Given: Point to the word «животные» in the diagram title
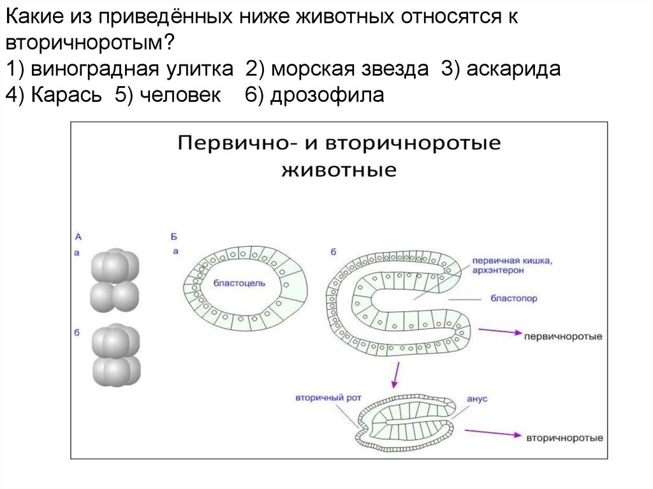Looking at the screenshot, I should tap(339, 170).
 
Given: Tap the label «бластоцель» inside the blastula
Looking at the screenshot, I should tap(239, 282).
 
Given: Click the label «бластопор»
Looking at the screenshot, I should tap(514, 298).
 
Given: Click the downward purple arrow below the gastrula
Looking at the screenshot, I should tap(397, 374).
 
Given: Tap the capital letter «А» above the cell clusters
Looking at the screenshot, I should tap(78, 237).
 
